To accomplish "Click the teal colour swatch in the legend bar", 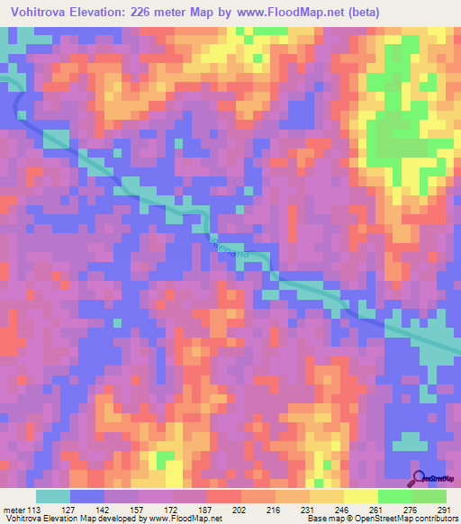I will click(53, 496).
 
